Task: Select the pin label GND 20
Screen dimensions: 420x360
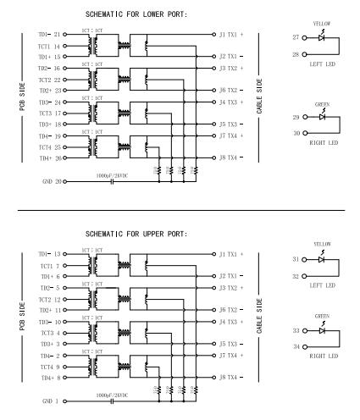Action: coord(52,181)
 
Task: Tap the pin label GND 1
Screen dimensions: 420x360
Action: coord(52,401)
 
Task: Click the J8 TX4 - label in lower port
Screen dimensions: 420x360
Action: coord(234,157)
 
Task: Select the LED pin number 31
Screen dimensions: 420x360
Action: coord(295,259)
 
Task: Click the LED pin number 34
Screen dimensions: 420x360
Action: coord(295,347)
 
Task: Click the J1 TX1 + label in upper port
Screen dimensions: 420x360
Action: coord(234,253)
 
